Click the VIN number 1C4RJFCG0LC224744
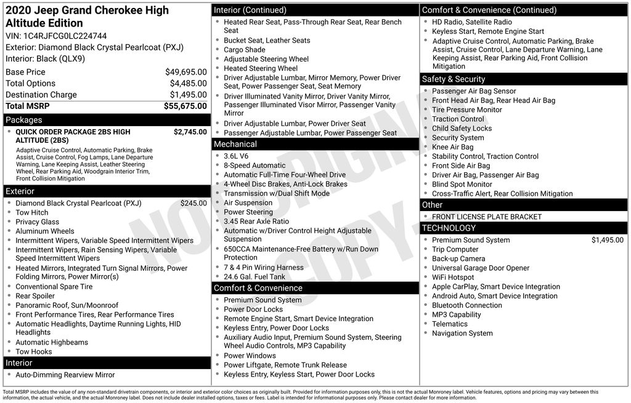click(x=65, y=36)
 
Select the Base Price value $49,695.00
click(x=185, y=72)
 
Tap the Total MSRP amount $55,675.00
click(x=185, y=106)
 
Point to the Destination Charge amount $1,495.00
click(x=188, y=95)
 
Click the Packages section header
click(x=24, y=120)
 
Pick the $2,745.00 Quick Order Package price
click(x=190, y=132)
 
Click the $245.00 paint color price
click(x=193, y=203)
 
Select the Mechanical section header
click(x=235, y=144)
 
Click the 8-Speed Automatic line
click(x=254, y=166)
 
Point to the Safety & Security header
click(x=454, y=79)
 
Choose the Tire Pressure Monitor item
click(x=466, y=110)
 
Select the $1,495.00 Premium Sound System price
click(x=607, y=240)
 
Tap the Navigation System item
click(x=462, y=333)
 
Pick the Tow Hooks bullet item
click(x=34, y=352)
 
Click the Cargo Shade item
click(x=245, y=50)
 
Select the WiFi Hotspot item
click(x=453, y=277)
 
